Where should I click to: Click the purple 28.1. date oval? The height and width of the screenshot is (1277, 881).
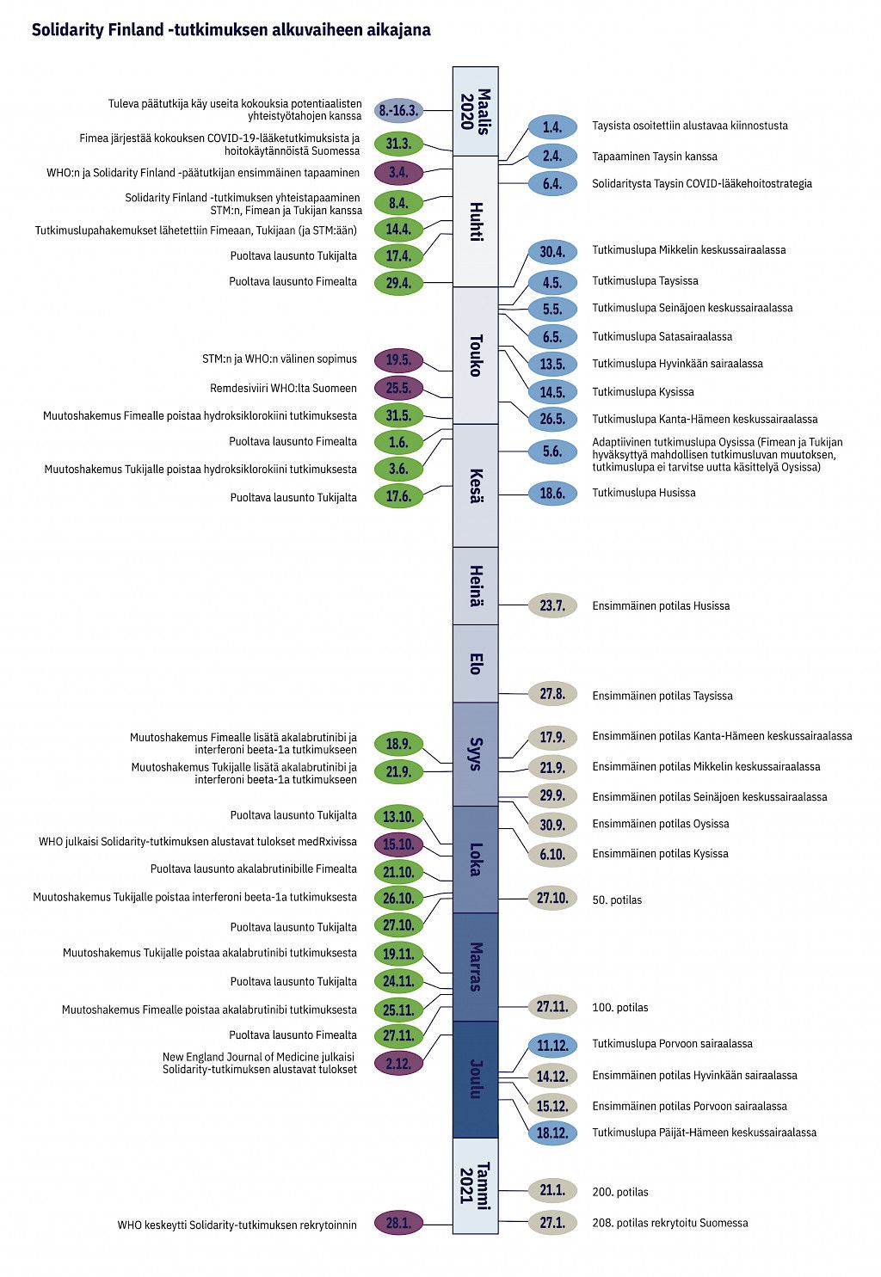point(398,1223)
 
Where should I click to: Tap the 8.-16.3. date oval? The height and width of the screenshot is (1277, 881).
point(398,110)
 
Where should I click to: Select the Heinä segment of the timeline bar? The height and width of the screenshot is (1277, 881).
point(476,586)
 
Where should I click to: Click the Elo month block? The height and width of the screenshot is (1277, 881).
point(476,664)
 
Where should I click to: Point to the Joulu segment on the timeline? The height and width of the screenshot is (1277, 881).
point(476,1079)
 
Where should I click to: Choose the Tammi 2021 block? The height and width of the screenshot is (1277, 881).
point(476,1186)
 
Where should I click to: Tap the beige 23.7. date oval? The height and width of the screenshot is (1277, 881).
point(552,605)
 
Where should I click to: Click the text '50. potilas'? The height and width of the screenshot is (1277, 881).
point(617,900)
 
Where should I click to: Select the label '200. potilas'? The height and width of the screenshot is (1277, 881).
point(620,1192)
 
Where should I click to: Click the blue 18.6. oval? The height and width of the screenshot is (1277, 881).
point(552,494)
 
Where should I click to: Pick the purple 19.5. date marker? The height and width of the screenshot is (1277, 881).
point(398,360)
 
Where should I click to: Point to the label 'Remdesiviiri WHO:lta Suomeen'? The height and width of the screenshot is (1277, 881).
point(283,388)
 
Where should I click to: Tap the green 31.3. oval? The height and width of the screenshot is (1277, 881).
point(398,143)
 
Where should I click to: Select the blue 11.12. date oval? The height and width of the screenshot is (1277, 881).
point(552,1046)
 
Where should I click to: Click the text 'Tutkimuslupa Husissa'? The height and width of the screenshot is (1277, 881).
point(644,493)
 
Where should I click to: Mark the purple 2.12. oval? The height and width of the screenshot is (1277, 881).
point(398,1063)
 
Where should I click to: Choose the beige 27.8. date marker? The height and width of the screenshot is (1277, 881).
point(552,694)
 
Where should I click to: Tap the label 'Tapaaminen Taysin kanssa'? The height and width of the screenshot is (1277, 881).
point(655,157)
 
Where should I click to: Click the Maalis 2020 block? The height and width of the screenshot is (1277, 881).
point(476,111)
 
